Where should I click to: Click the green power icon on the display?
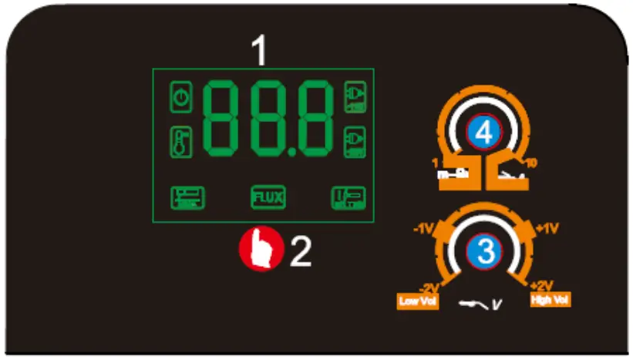(180, 98)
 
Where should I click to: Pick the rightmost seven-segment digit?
(313, 117)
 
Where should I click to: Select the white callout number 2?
(301, 251)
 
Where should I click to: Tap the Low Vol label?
(418, 301)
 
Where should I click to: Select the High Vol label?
(551, 299)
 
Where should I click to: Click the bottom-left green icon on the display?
(187, 198)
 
